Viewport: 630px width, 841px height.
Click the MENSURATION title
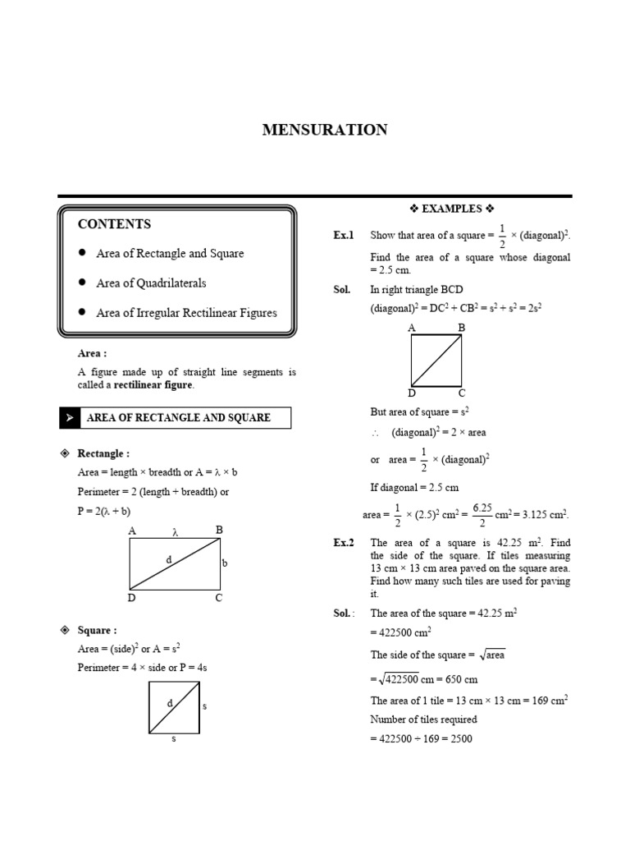(324, 130)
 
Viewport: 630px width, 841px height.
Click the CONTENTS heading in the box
(114, 224)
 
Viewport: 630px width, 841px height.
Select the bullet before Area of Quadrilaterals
(82, 283)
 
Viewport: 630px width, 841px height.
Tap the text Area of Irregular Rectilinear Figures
(186, 312)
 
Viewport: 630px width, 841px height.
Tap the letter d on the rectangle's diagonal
(168, 559)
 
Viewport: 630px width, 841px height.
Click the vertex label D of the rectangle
(130, 598)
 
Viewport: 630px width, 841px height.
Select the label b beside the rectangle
(224, 563)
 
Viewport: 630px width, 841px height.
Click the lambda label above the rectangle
(174, 532)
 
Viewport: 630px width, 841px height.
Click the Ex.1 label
(343, 236)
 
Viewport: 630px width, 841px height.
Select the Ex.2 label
(343, 543)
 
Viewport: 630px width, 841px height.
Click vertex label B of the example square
(461, 328)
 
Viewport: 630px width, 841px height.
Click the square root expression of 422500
(396, 679)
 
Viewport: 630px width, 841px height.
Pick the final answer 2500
(460, 738)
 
